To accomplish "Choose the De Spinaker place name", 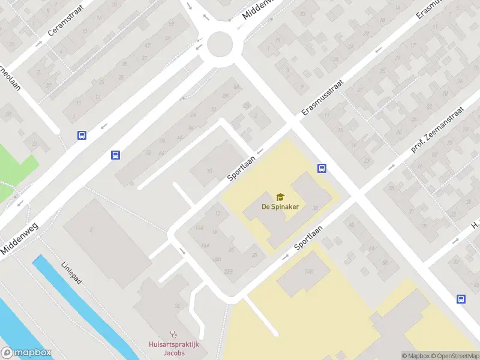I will pyautogui.click(x=280, y=206).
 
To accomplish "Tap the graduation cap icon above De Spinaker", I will pyautogui.click(x=280, y=196).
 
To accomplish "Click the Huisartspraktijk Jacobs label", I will pyautogui.click(x=174, y=348).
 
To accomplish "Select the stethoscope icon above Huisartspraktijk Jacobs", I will pyautogui.click(x=174, y=334).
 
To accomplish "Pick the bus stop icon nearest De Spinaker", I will pyautogui.click(x=322, y=169).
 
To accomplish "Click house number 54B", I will pyautogui.click(x=308, y=272).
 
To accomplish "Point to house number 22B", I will pyautogui.click(x=228, y=271).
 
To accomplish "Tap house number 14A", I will pyautogui.click(x=199, y=229).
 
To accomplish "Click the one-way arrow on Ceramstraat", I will pyautogui.click(x=38, y=43).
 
